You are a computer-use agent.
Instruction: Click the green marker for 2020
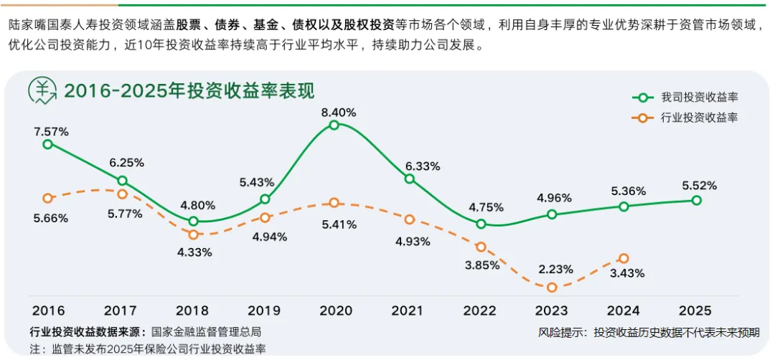point(334,125)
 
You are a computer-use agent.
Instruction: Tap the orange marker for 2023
point(551,288)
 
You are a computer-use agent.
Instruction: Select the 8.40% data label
point(339,112)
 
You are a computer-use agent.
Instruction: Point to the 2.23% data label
point(555,269)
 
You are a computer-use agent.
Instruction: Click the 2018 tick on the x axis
point(192,311)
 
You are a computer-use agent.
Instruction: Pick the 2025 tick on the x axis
point(695,311)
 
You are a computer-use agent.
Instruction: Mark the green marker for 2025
point(696,200)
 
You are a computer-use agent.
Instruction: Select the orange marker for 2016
point(48,198)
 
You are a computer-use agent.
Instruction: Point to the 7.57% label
point(51,131)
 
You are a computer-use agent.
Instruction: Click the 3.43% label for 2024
point(626,273)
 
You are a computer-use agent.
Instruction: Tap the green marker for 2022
point(481,224)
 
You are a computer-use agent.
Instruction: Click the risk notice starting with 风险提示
point(649,332)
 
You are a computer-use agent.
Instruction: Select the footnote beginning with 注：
point(148,349)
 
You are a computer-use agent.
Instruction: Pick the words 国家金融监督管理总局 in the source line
point(206,332)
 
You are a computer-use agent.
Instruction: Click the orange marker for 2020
point(334,203)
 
